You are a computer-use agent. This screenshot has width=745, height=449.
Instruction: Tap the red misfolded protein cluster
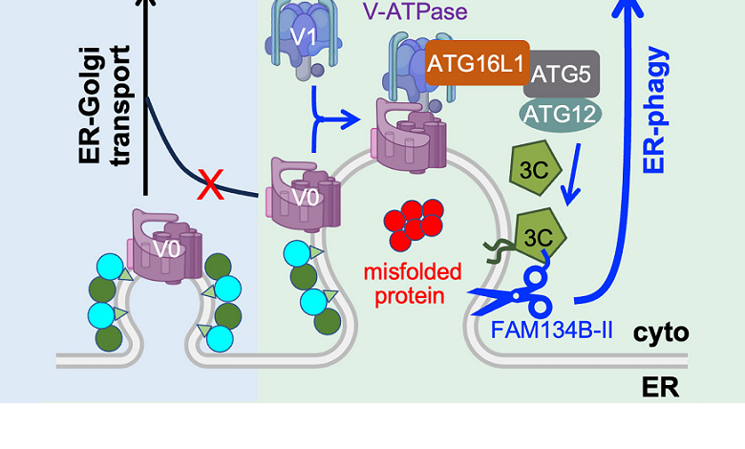pyautogui.click(x=412, y=224)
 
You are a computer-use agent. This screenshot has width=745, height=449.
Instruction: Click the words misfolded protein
pyautogui.click(x=413, y=284)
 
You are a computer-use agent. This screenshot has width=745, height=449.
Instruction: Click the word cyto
pyautogui.click(x=660, y=332)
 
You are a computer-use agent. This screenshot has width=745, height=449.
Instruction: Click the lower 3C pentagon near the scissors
pyautogui.click(x=539, y=232)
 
